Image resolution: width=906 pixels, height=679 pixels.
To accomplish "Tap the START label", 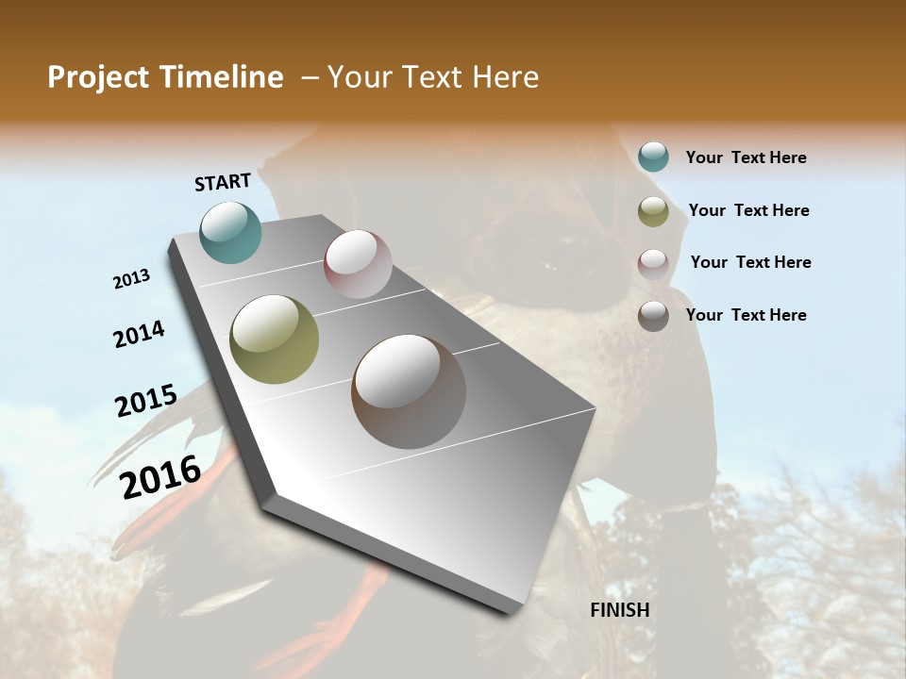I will point(223,182).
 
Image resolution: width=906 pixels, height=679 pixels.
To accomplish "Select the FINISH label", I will point(620,610).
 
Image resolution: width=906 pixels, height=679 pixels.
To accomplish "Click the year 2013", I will point(132,279).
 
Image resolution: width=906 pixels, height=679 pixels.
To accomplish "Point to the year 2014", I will point(139,334).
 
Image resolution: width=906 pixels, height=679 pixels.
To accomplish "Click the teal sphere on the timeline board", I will point(231,232).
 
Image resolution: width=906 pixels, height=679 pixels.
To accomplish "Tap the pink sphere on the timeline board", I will point(358,263).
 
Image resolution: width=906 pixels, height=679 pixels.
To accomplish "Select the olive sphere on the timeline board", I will point(274,339).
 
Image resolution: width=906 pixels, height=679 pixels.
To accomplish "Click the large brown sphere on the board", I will point(409,391).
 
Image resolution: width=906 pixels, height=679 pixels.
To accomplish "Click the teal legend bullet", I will point(653,157).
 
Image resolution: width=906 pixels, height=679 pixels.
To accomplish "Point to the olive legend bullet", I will point(653,211).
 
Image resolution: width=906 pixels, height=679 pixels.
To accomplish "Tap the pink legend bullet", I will point(653,263).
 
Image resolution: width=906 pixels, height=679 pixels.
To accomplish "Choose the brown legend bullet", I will point(653,315).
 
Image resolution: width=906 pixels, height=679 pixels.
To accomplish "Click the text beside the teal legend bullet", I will point(746,157).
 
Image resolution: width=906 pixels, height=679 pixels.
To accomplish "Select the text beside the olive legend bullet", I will point(748,210).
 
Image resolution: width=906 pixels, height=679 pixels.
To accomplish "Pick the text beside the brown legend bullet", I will point(746,315).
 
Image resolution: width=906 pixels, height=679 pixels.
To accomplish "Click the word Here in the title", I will point(505,77).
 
